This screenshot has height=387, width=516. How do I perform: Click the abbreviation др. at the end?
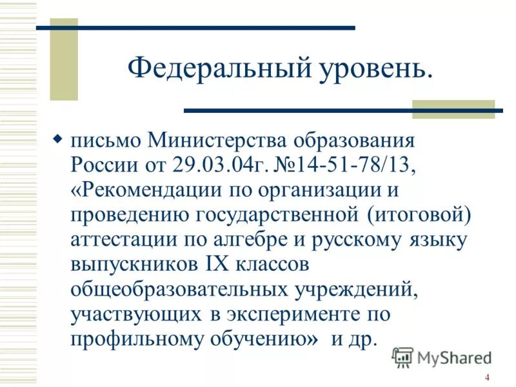(362, 339)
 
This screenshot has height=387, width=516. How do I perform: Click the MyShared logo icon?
(403, 357)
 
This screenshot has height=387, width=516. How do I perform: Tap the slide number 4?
(487, 378)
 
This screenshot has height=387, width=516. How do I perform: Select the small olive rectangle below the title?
(453, 109)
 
